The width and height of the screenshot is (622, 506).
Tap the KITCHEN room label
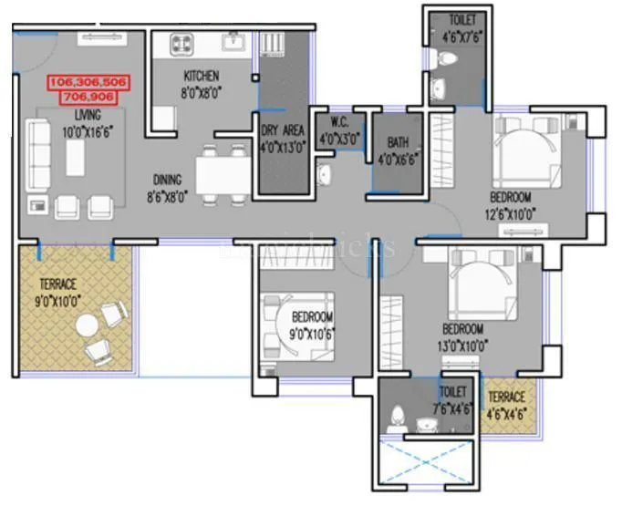(x=202, y=76)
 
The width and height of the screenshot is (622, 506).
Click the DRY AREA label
(x=283, y=129)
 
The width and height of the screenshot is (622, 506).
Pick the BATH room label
(x=398, y=142)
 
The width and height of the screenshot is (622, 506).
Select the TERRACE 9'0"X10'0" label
(x=57, y=284)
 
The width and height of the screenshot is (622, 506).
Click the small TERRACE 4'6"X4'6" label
(x=505, y=398)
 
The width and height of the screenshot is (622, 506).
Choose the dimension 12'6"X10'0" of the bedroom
(x=511, y=214)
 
